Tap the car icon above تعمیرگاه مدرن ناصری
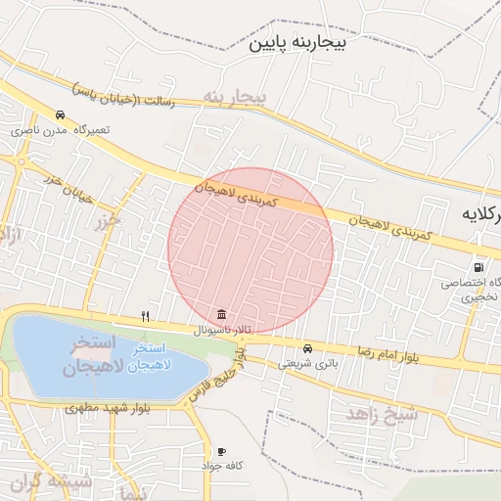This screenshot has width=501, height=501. click(x=61, y=114)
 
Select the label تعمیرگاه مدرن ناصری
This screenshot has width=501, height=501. click(x=61, y=129)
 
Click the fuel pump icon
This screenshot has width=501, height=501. click(x=477, y=267)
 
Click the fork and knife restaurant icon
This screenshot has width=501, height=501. click(x=146, y=316)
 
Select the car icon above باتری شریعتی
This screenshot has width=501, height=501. click(x=307, y=348)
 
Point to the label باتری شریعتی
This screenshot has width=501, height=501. click(x=302, y=363)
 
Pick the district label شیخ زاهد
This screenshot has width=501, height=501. click(x=382, y=414)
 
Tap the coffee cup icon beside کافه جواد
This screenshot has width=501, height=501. click(x=221, y=451)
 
